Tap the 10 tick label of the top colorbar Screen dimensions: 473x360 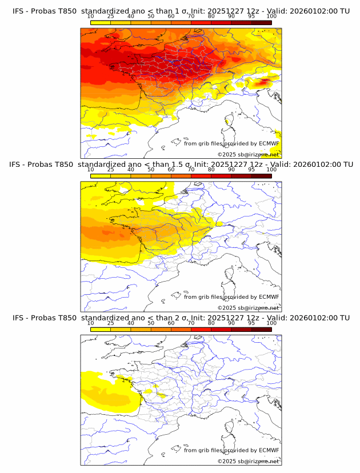click(91, 16)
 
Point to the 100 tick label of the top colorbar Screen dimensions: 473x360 click(271, 16)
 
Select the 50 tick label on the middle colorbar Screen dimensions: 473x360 click(151, 170)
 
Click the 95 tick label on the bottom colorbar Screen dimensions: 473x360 click(251, 323)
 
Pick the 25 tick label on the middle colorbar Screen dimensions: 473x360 click(111, 170)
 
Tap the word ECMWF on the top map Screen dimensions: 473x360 click(269, 143)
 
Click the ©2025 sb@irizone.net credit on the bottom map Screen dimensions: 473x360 click(248, 461)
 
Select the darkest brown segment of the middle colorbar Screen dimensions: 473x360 click(261, 175)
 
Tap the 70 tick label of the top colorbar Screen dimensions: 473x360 click(191, 16)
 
